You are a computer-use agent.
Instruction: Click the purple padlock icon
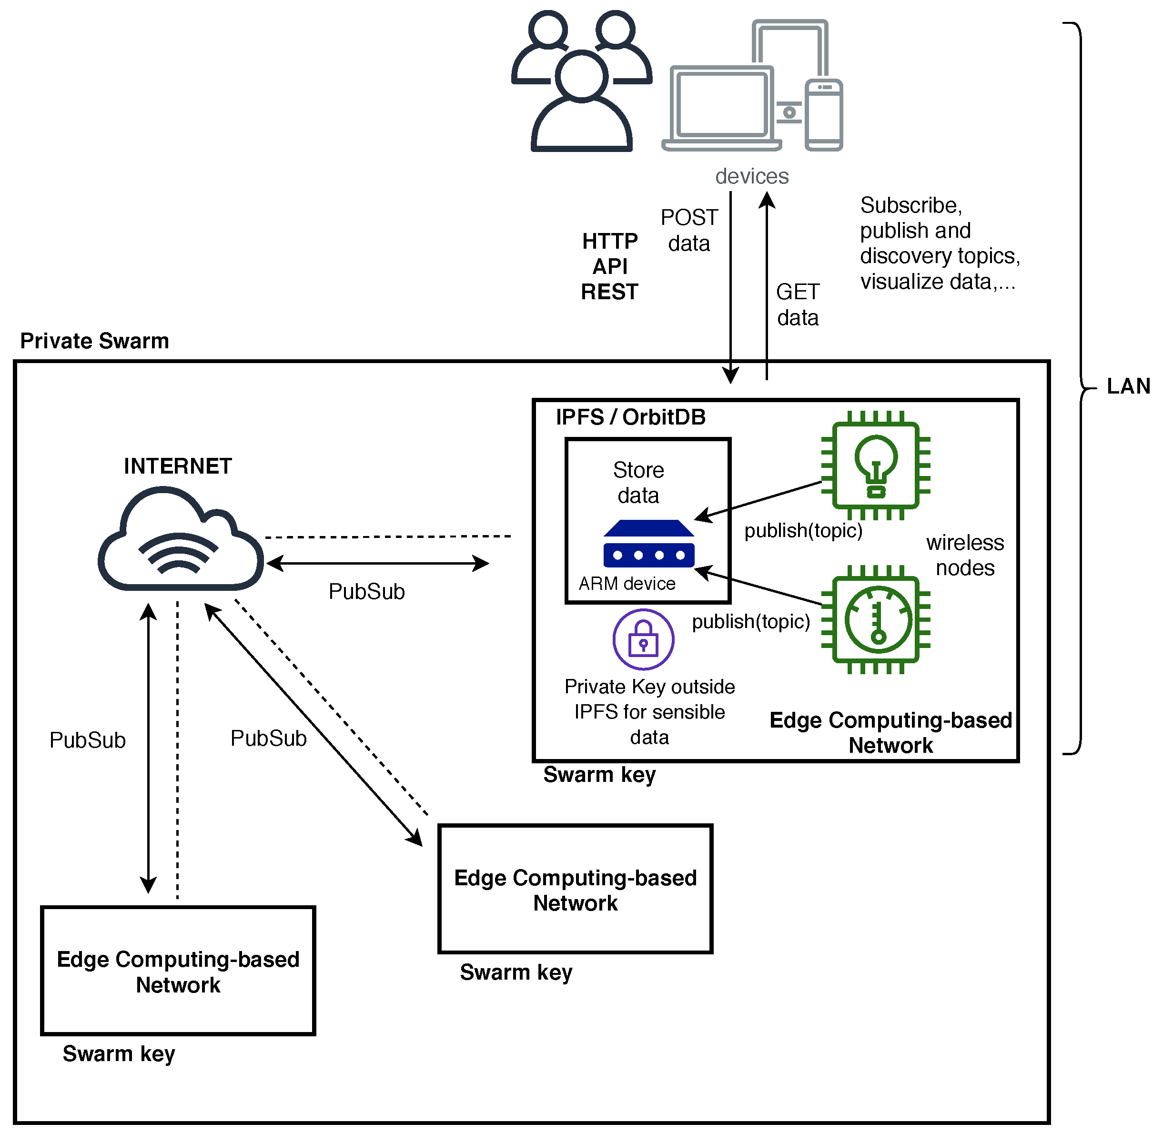(x=643, y=639)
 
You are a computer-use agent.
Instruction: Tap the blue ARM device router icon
(x=648, y=543)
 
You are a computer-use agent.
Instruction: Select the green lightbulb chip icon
(x=875, y=465)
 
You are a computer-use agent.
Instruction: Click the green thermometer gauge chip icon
(x=875, y=619)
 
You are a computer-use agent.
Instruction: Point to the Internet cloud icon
(x=181, y=538)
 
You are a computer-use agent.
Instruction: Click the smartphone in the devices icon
(x=824, y=115)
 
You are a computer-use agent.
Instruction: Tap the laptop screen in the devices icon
(x=722, y=102)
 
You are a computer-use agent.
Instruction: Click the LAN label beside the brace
(x=1128, y=386)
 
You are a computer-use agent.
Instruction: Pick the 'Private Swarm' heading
(x=95, y=341)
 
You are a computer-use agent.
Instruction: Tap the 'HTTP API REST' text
(x=610, y=266)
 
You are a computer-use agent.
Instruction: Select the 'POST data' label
(x=689, y=231)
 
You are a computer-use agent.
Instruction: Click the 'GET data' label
(x=798, y=304)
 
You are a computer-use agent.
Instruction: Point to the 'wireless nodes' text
(x=965, y=555)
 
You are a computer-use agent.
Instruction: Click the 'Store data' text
(x=638, y=482)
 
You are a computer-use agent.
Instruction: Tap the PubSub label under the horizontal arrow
(x=366, y=591)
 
